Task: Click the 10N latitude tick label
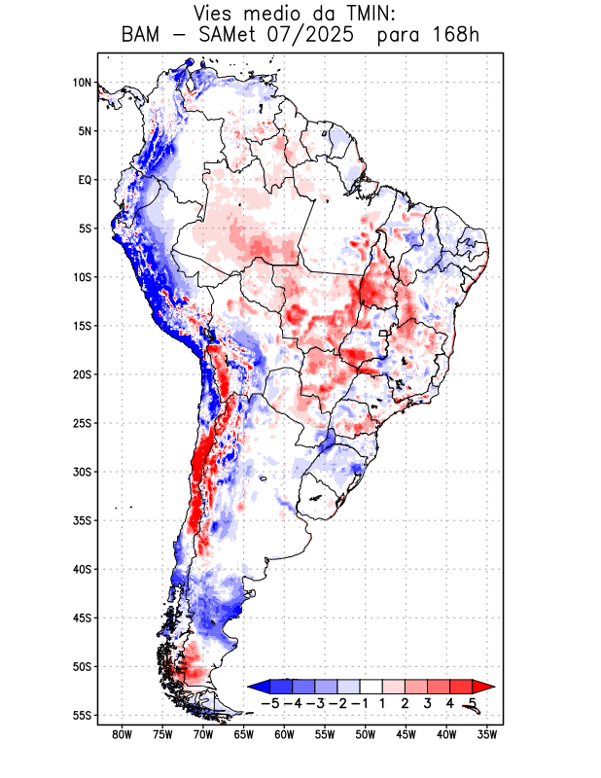[x=82, y=83]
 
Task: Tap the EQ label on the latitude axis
[x=84, y=180]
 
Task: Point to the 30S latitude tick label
[x=81, y=472]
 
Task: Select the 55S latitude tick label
[x=81, y=715]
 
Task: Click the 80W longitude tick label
[x=122, y=734]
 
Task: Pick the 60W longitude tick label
[x=284, y=734]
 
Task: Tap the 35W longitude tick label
[x=487, y=734]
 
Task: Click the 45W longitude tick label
[x=406, y=734]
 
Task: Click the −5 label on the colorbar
[x=270, y=703]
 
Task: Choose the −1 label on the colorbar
[x=360, y=703]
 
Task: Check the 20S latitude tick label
[x=81, y=374]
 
